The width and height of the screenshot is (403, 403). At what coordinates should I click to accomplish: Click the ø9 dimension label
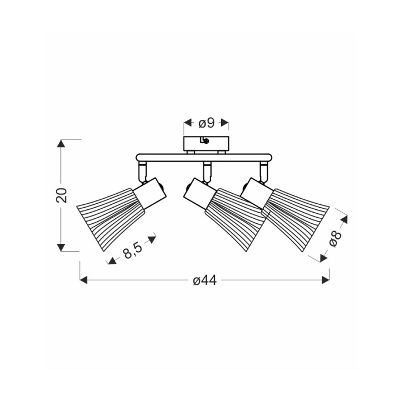207,123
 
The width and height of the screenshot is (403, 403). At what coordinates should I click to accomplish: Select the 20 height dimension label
62,195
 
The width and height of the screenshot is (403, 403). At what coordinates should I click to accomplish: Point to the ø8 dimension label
335,239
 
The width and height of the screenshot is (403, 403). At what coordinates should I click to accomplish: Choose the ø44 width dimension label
205,280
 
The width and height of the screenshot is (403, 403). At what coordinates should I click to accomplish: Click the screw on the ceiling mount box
206,141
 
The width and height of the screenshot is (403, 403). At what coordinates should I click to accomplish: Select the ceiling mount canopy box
206,144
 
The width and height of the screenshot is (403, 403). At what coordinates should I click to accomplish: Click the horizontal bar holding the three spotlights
204,157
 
